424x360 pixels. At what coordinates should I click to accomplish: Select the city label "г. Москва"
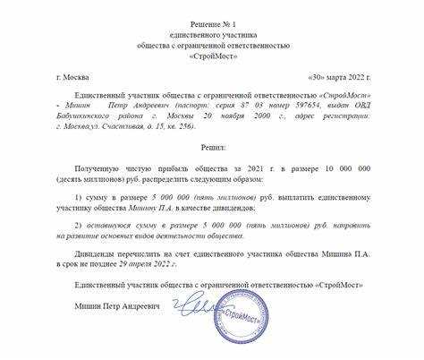[x=73, y=79]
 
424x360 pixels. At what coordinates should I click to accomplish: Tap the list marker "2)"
[x=79, y=225]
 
